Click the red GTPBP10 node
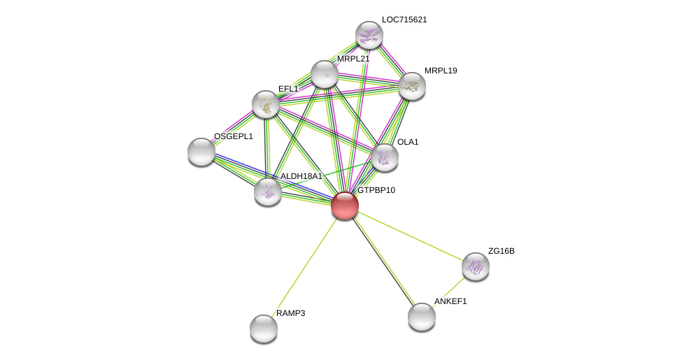click(x=345, y=206)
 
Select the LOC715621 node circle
click(x=369, y=35)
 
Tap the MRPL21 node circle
click(x=325, y=74)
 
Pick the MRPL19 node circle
click(x=412, y=86)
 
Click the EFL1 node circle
click(x=266, y=104)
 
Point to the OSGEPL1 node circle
click(x=201, y=152)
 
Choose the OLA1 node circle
click(x=385, y=157)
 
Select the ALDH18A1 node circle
click(x=268, y=192)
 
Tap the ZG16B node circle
click(x=476, y=266)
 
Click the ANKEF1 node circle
click(x=422, y=317)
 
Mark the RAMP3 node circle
click(x=264, y=329)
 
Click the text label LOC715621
click(x=404, y=20)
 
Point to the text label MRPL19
click(x=441, y=71)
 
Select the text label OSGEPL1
click(x=234, y=136)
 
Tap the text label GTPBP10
click(x=376, y=190)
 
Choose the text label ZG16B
click(x=501, y=251)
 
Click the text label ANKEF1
click(x=450, y=301)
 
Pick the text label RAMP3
click(x=290, y=313)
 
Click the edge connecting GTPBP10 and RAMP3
click(x=304, y=267)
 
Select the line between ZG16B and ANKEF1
click(x=450, y=291)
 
